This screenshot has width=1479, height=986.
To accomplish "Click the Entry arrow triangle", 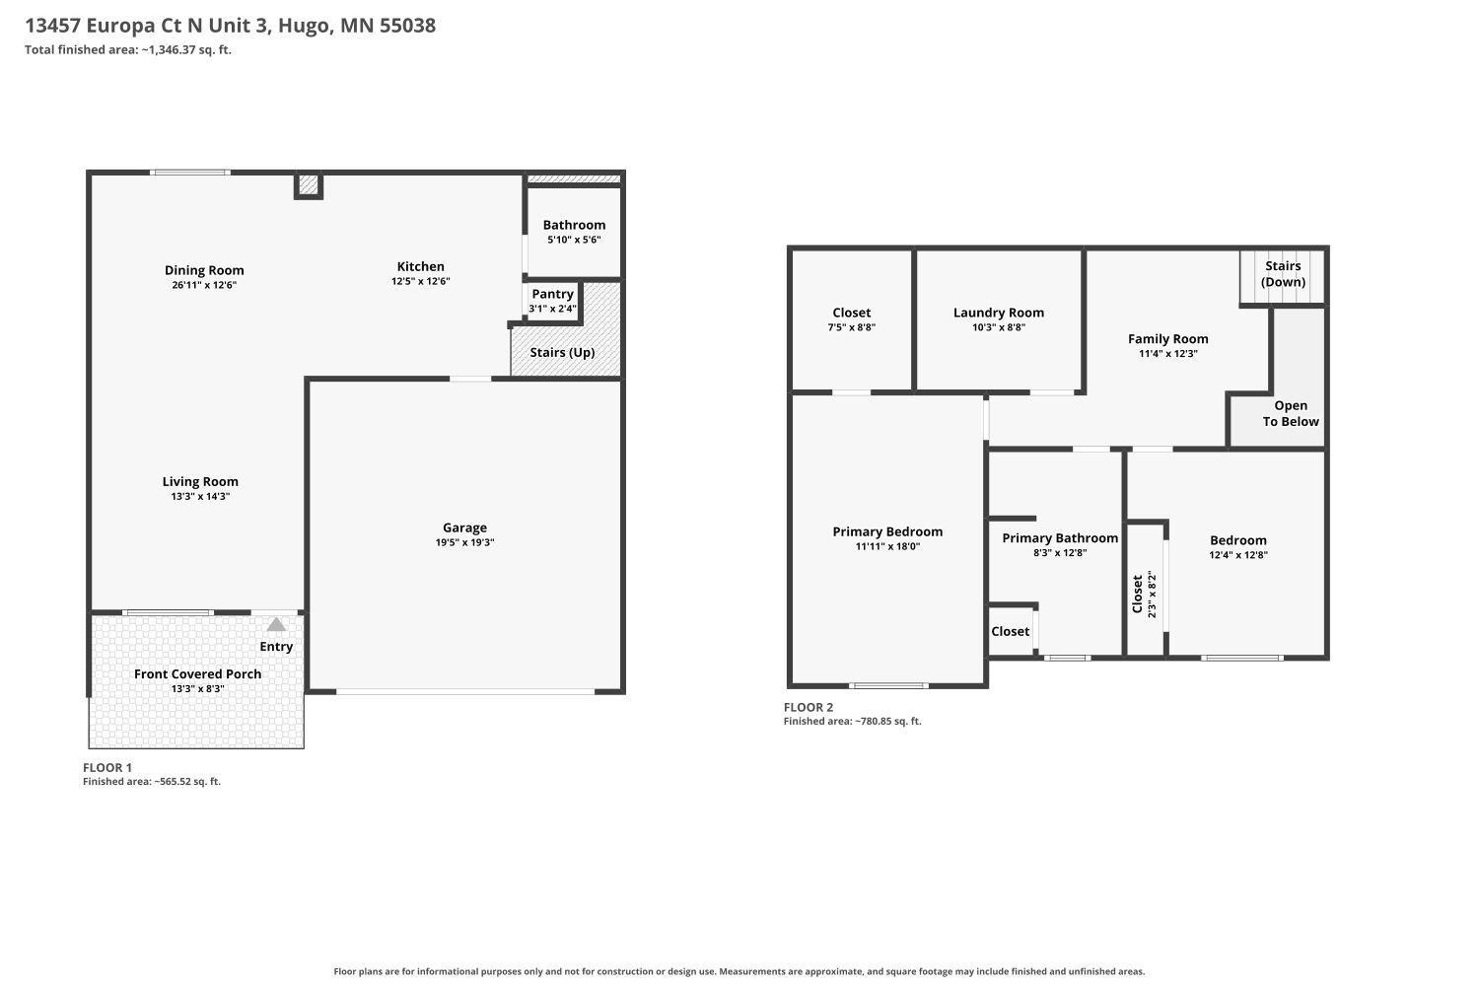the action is [x=276, y=624].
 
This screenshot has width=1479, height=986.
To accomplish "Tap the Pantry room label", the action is [x=552, y=294].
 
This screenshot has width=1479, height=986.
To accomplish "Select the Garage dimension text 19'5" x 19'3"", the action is [x=464, y=542].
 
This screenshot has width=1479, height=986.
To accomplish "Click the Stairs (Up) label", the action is [x=562, y=353].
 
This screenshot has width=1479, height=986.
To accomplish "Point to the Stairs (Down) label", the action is [x=1283, y=274].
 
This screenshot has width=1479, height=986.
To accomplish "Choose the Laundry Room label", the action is [x=998, y=313].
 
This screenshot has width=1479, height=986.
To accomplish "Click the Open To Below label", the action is [x=1290, y=413].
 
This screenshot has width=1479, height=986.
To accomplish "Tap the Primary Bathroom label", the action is [x=1060, y=538].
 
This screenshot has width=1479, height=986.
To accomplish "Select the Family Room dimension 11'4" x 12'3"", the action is [x=1168, y=353].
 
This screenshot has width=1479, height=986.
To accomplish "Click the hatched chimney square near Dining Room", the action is [x=309, y=184].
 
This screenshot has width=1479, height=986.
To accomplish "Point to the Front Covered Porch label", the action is [x=197, y=673].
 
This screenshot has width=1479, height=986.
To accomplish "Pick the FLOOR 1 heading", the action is [x=106, y=767].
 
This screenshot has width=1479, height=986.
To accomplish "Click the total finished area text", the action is [x=128, y=49].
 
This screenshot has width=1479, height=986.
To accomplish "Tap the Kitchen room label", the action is [x=421, y=266].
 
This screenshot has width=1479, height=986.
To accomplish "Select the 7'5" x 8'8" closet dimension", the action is [x=851, y=327].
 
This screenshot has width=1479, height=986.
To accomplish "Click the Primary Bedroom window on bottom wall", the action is [x=888, y=685].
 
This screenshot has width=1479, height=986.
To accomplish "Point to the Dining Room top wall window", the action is [x=190, y=173].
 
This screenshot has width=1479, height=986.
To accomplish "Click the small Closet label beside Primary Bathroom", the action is [x=1011, y=631].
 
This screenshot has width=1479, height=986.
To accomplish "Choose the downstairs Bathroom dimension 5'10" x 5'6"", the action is [x=574, y=240].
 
